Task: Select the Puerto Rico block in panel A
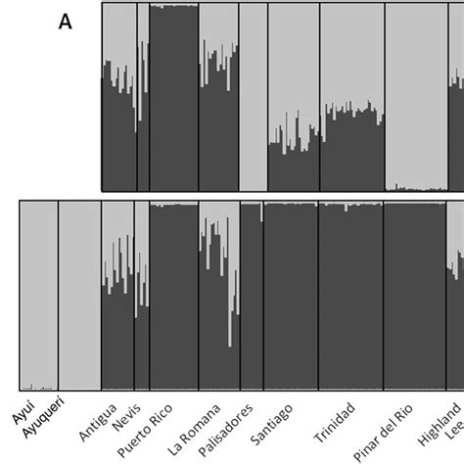[x=173, y=97]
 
